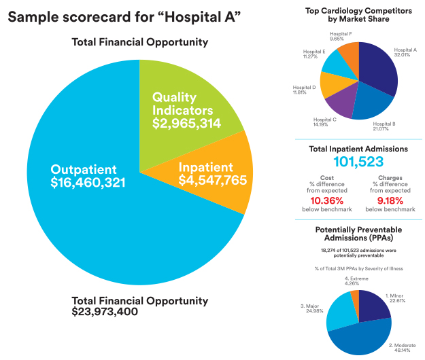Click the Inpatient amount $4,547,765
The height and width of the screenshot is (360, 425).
[x=212, y=181]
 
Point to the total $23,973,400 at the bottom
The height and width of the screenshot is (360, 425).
[x=105, y=312]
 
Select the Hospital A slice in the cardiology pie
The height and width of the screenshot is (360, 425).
[x=377, y=71]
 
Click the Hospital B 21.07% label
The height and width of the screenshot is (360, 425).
[x=384, y=126]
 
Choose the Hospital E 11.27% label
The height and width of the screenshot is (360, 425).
[x=314, y=54]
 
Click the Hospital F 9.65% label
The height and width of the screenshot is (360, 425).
[x=341, y=37]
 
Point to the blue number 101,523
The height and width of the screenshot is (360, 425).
[x=358, y=162]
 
